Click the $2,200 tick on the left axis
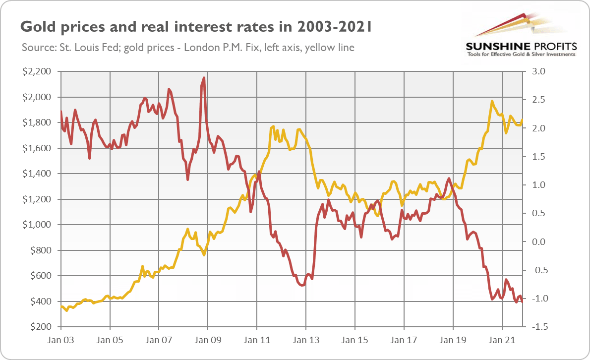coord(37,71)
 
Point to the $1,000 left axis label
coord(37,225)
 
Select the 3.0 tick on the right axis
coord(538,71)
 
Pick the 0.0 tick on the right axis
coord(538,242)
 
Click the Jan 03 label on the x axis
coord(60,341)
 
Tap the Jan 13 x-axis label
coord(306,341)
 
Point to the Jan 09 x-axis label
coord(208,341)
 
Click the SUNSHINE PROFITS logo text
coord(521,46)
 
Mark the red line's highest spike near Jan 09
coord(204,78)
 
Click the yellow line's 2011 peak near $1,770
coord(273,127)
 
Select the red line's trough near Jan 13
coord(302,286)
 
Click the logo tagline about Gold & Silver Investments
coord(521,54)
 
